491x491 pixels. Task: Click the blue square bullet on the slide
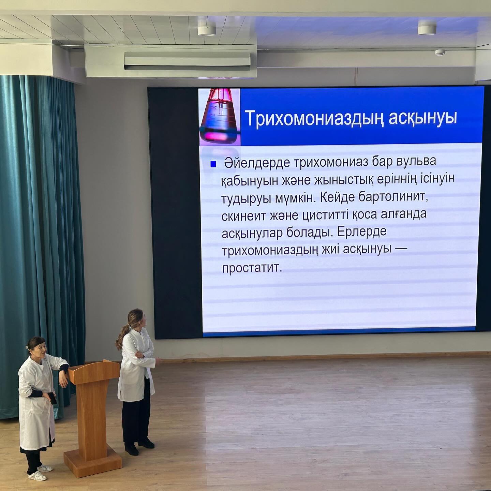[213, 164]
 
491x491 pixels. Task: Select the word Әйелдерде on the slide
[257, 163]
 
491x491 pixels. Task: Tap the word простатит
[252, 268]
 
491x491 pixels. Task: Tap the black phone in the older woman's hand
[53, 398]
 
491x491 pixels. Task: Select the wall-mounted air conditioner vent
[187, 61]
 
